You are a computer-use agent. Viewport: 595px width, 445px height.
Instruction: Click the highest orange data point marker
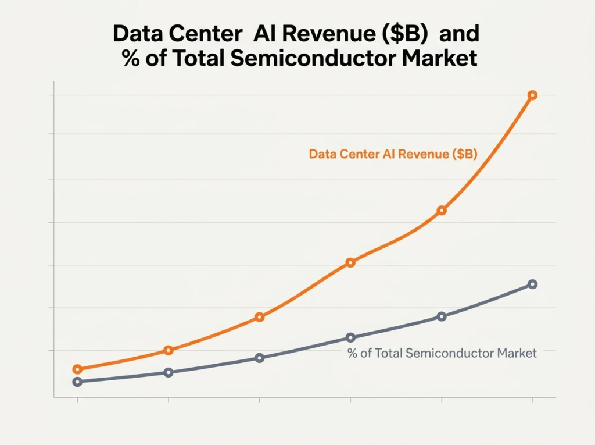[x=532, y=95]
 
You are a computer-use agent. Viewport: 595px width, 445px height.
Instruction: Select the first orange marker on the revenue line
[x=77, y=369]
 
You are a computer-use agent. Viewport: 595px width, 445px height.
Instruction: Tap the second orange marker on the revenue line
[x=169, y=350]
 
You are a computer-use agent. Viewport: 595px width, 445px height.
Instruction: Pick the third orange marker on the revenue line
[x=260, y=317]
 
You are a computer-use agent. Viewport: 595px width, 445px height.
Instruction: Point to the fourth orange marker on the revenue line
[x=350, y=262]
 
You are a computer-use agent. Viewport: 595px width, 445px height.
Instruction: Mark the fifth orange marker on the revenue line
[x=442, y=210]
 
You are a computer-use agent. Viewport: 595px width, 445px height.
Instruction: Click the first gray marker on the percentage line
[x=77, y=382]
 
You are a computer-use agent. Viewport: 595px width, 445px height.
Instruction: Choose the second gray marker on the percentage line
[x=169, y=372]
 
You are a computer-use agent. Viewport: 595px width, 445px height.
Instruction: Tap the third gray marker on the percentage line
[x=260, y=358]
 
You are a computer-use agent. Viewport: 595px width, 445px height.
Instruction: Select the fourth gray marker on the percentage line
[x=350, y=337]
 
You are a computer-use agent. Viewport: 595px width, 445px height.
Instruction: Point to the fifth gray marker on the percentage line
[x=442, y=316]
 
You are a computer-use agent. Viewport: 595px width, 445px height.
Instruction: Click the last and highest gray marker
[x=532, y=284]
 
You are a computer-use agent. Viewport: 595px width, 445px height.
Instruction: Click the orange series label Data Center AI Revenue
[x=393, y=154]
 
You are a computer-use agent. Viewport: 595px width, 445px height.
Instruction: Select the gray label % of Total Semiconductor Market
[x=442, y=353]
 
